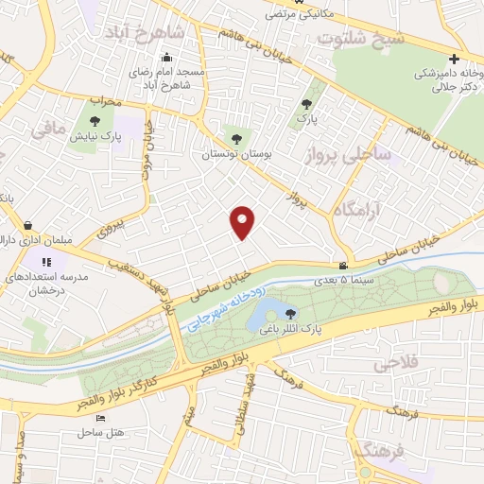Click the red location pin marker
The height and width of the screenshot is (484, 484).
click(244, 221)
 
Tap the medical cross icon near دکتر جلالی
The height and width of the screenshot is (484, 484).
click(454, 59)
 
